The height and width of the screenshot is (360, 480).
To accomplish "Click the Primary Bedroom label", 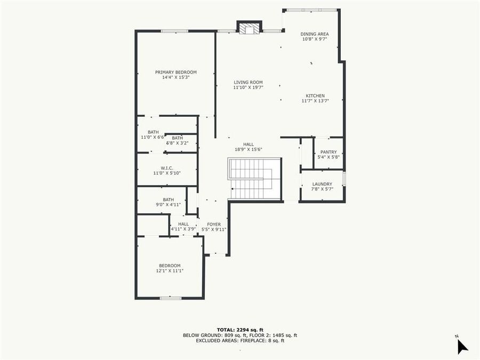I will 176,72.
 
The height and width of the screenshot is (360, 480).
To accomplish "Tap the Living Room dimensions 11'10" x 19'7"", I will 248,88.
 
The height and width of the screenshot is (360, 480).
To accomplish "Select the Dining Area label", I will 315,34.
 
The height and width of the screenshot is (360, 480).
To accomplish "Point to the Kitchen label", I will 315,96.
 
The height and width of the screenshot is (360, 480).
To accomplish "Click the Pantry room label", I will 329,152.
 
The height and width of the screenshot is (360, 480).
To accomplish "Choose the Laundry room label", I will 322,184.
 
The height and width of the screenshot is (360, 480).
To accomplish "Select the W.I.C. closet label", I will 167,168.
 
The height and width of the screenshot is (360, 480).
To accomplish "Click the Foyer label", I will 214,225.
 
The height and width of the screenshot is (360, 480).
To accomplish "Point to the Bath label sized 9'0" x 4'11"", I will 169,199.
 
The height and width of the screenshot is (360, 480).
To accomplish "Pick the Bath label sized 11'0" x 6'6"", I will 153,132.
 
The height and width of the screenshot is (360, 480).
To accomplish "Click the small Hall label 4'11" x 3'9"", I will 183,225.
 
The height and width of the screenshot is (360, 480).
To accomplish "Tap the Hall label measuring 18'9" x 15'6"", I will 249,144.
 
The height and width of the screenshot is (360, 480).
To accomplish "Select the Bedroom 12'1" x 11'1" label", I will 170,266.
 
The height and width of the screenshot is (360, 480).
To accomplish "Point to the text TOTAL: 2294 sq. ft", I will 240,330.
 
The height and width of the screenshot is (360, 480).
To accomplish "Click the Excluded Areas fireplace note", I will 240,340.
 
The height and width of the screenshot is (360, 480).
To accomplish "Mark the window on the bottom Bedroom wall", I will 171,298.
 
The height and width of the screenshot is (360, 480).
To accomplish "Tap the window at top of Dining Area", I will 311,10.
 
